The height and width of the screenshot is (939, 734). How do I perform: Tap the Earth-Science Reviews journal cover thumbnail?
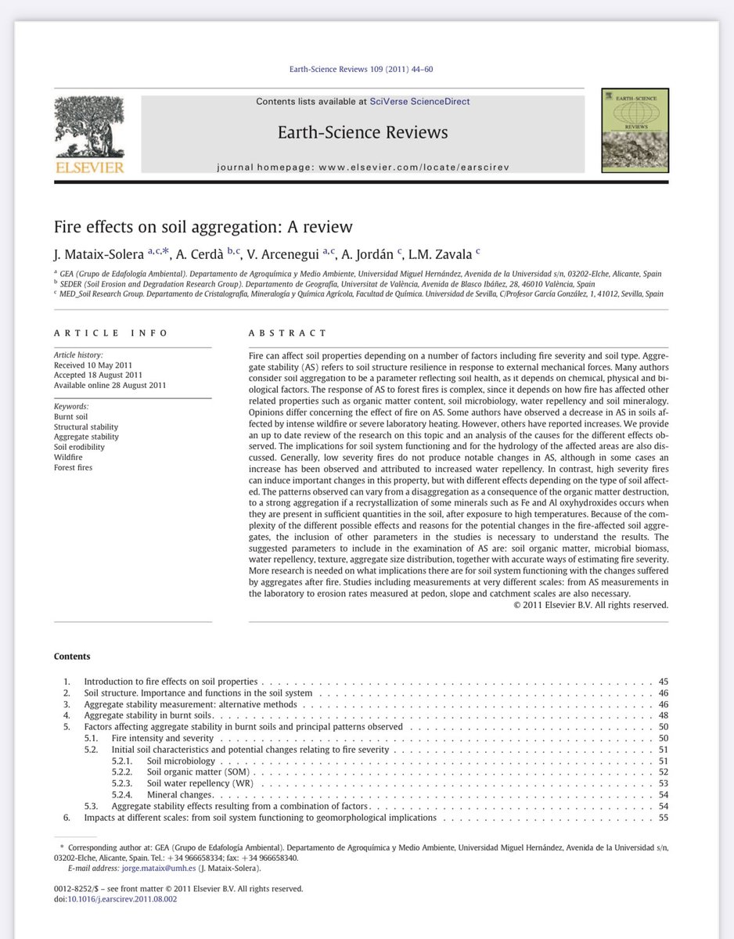pos(635,131)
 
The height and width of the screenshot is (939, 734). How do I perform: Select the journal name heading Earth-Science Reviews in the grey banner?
pos(362,132)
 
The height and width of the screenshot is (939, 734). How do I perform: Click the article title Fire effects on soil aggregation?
pos(203,227)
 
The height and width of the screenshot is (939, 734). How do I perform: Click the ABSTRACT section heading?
pos(287,333)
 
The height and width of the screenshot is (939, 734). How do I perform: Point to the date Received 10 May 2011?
pos(92,365)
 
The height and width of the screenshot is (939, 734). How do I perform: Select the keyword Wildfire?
pos(69,457)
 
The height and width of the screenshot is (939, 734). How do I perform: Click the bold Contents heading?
pos(72,657)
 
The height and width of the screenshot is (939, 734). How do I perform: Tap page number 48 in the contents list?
pos(664,715)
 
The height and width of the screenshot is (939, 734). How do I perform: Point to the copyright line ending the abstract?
pos(590,604)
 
